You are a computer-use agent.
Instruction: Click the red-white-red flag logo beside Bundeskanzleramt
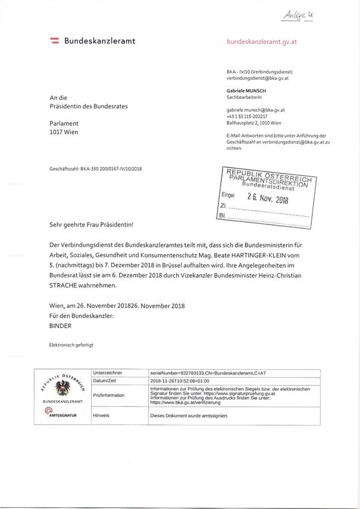tap(54, 41)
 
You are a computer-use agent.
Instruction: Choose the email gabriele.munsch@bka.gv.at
tap(256, 111)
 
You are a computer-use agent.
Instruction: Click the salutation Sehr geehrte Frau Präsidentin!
tap(92, 226)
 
